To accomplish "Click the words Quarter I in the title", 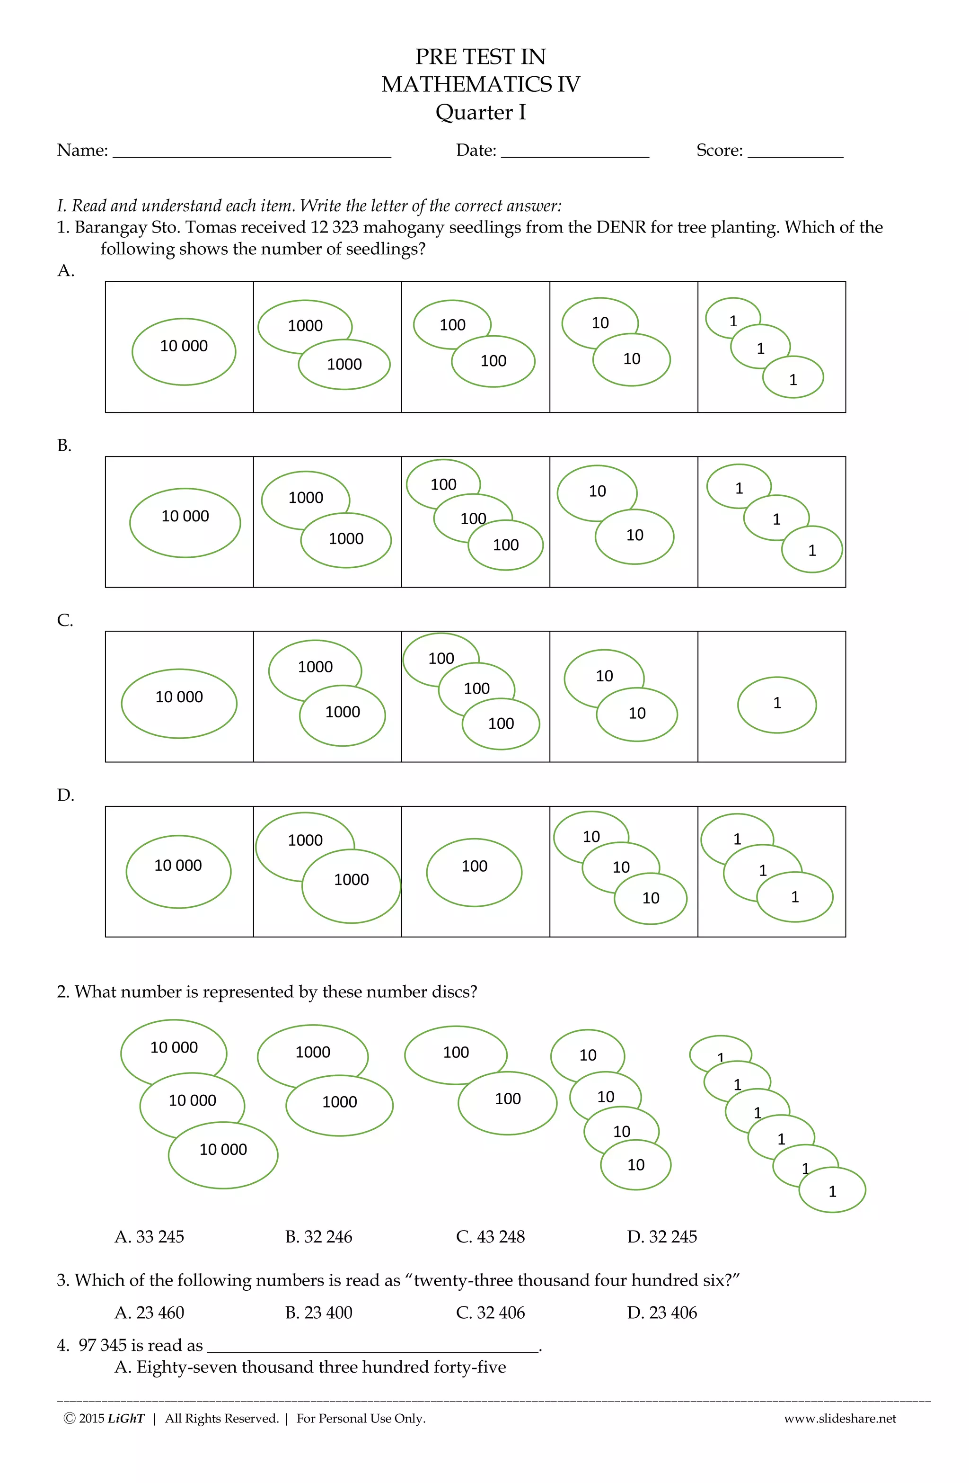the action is click(480, 113).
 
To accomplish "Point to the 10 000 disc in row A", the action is click(184, 351).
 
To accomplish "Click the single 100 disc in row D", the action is click(474, 872).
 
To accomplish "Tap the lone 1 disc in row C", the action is click(776, 705).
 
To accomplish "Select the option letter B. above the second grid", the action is click(64, 446).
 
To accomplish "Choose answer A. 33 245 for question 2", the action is click(150, 1236).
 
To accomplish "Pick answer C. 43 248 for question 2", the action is click(490, 1236).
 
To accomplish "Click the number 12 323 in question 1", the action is click(335, 227).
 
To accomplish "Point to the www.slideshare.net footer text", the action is click(839, 1418).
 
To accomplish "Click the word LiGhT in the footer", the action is click(126, 1418).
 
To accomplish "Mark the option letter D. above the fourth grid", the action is click(65, 795).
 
